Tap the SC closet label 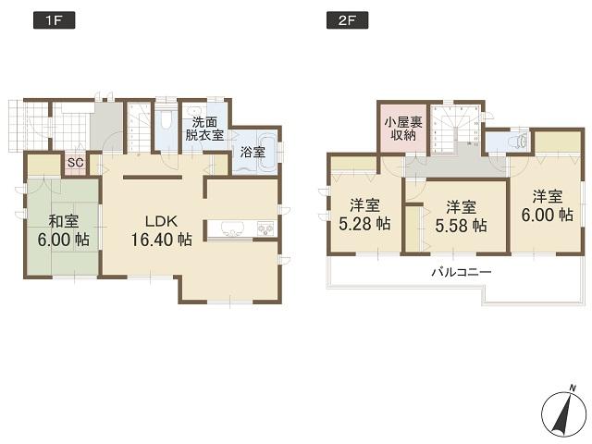[76, 164]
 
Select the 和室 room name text [62, 220]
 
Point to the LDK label [162, 221]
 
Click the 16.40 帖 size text [161, 240]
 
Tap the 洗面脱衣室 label [203, 128]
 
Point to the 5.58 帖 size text [460, 224]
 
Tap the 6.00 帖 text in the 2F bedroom [546, 215]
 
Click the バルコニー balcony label [460, 272]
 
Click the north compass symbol [561, 411]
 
